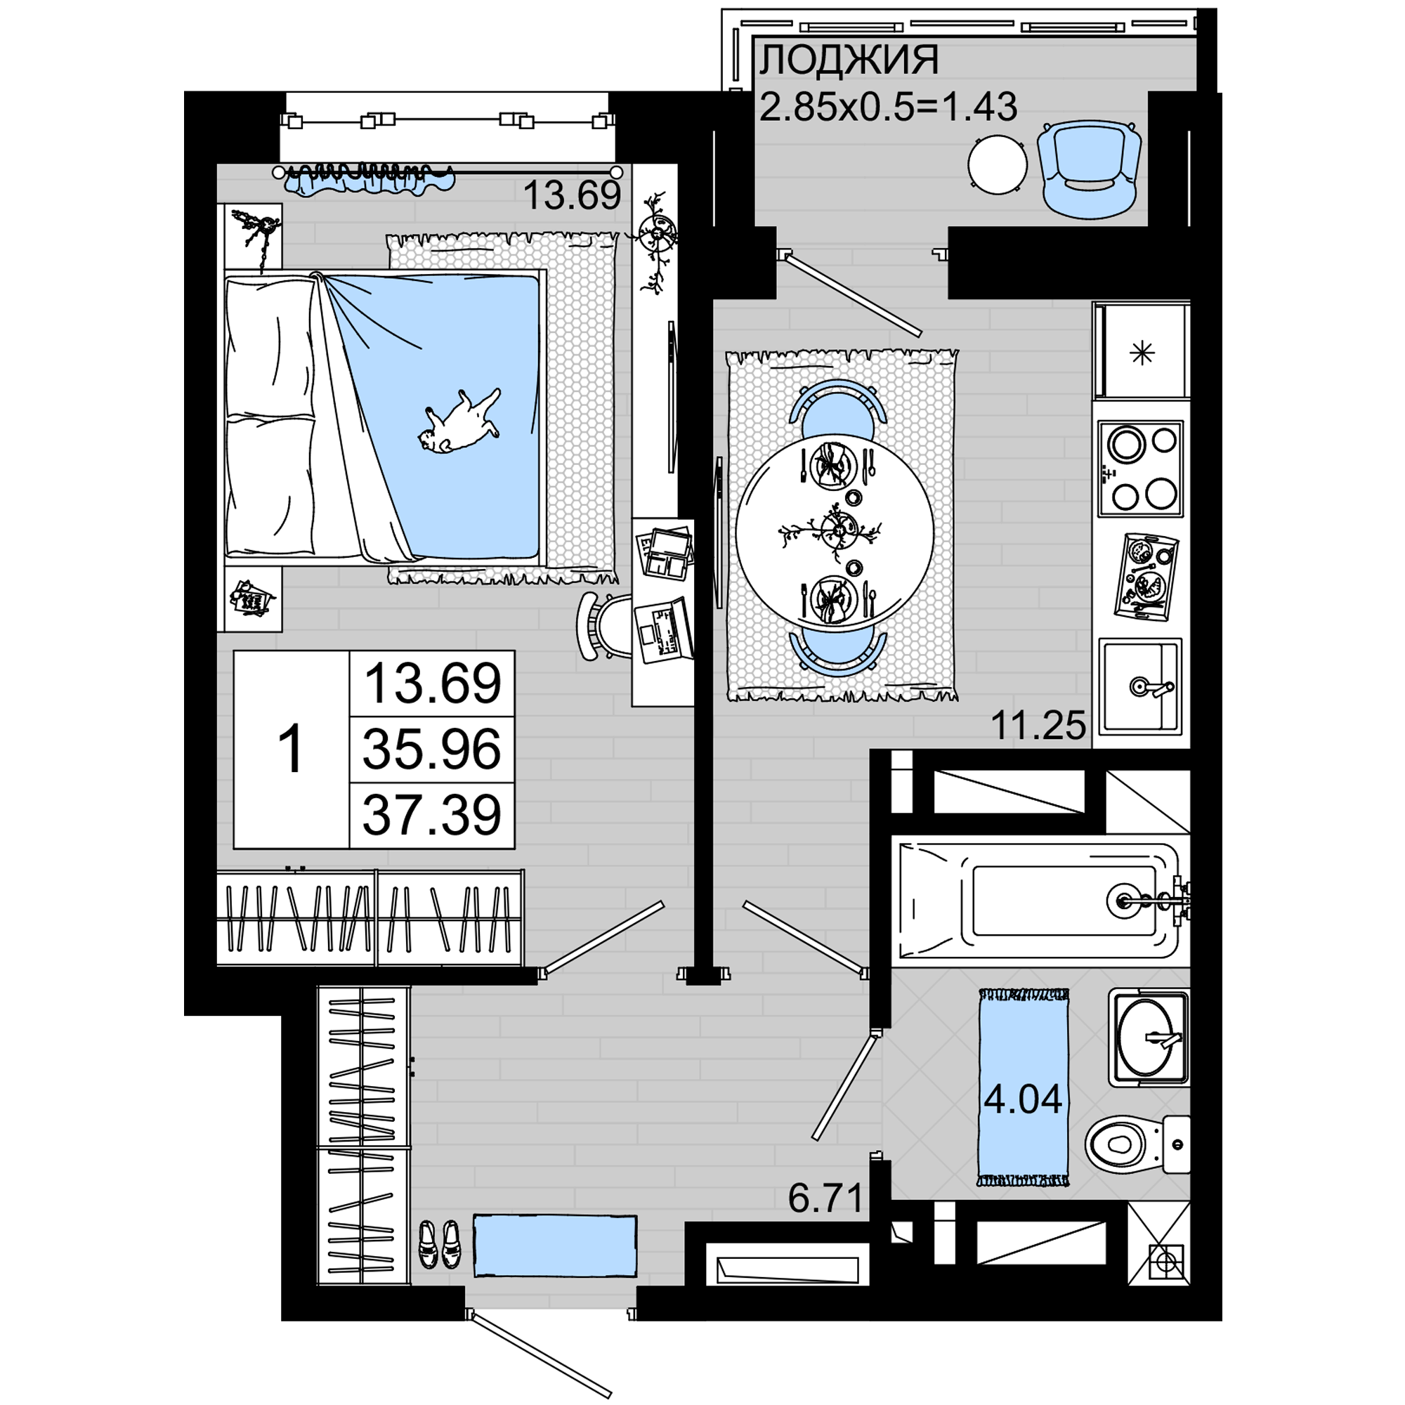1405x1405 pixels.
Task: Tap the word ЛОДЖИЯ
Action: pos(849,60)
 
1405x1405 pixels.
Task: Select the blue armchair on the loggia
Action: pos(1089,169)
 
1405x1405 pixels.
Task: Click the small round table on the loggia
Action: pos(998,165)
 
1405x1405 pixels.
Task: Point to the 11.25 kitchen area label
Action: pos(1038,725)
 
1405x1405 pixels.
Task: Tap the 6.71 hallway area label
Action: pos(825,1198)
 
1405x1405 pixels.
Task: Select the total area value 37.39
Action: pos(432,815)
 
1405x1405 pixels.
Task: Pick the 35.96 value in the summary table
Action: pos(432,750)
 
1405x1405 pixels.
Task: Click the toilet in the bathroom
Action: pos(1137,1144)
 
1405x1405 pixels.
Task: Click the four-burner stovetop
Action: pos(1140,469)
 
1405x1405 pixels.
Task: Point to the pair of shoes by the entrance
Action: pos(440,1244)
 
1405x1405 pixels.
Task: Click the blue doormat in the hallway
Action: pos(555,1246)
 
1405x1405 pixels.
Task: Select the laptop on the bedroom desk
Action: pos(662,631)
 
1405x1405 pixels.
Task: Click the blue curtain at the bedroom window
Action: pos(369,180)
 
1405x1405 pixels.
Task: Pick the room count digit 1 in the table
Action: pos(291,750)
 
